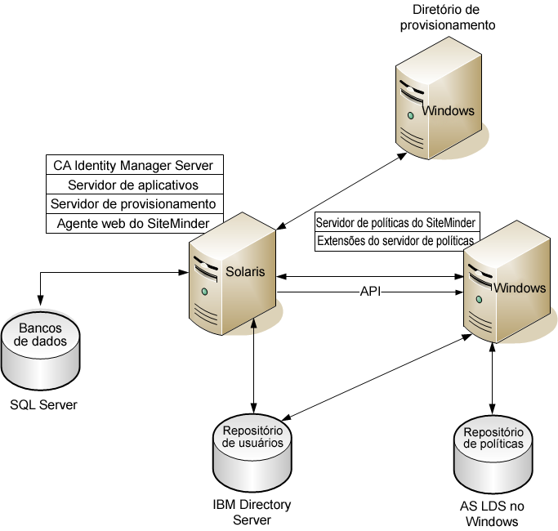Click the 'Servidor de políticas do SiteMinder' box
point(395,223)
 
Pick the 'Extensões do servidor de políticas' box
point(395,241)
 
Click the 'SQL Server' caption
point(43,404)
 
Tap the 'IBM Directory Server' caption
point(251,512)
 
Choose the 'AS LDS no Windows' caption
point(491,513)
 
